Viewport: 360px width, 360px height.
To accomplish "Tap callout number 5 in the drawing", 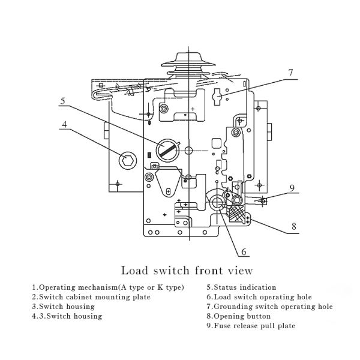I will click(62, 101).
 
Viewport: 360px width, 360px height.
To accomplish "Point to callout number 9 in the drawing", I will click(292, 188).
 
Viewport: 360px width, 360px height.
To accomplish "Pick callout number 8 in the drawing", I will click(294, 227).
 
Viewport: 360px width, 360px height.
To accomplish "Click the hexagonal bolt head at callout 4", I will click(127, 158).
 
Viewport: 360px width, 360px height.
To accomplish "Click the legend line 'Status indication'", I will click(241, 287).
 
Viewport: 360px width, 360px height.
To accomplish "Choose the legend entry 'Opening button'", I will click(238, 316).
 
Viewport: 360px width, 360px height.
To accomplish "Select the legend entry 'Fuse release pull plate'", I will click(250, 326).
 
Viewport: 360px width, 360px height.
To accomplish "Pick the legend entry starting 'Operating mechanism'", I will click(108, 287).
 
